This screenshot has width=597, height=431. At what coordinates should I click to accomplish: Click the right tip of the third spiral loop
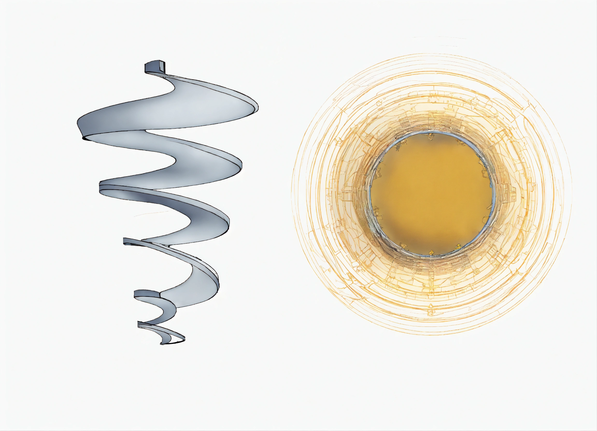tap(228, 224)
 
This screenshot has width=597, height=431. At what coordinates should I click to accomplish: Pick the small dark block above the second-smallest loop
tap(146, 294)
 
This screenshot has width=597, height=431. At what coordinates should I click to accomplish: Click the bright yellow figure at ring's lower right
tap(458, 246)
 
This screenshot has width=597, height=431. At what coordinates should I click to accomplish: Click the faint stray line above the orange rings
tap(440, 37)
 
